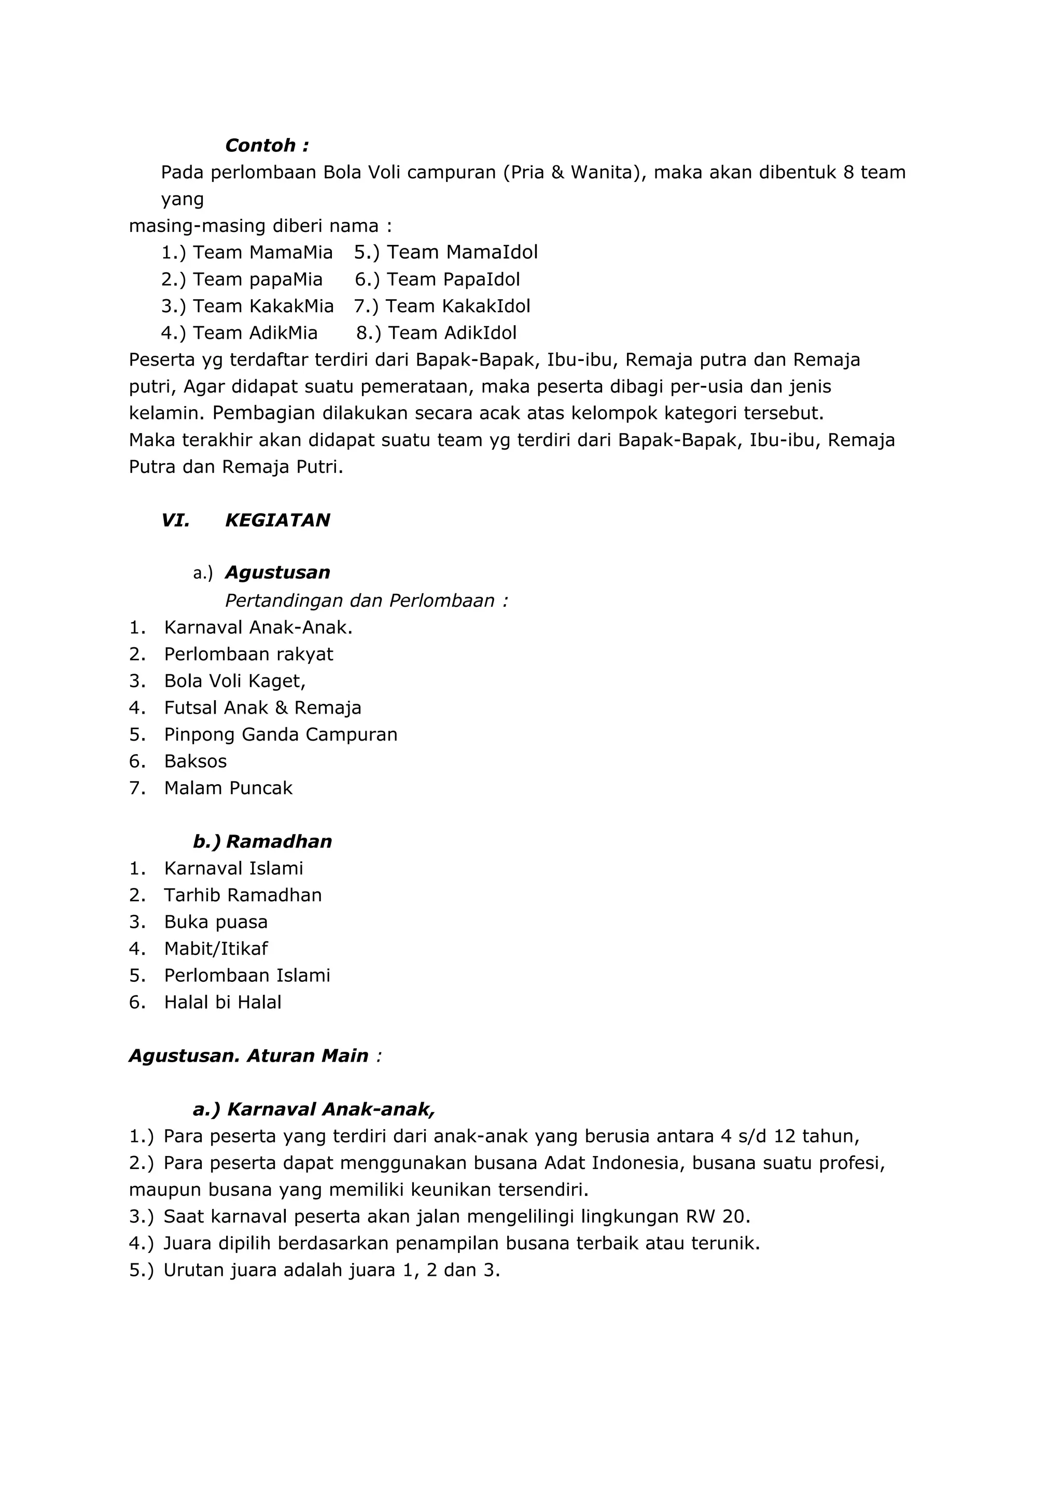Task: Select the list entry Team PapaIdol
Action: [453, 280]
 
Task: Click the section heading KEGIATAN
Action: [277, 520]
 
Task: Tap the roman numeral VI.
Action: [175, 520]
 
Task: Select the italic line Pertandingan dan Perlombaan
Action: [367, 600]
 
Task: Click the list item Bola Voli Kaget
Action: [235, 681]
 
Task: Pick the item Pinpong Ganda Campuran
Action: [281, 734]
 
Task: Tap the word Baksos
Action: [195, 761]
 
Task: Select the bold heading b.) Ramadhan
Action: [262, 841]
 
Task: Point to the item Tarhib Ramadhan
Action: [243, 895]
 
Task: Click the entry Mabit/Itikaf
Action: [216, 949]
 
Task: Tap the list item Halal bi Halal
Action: [222, 1002]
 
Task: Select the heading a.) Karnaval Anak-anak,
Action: [314, 1109]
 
